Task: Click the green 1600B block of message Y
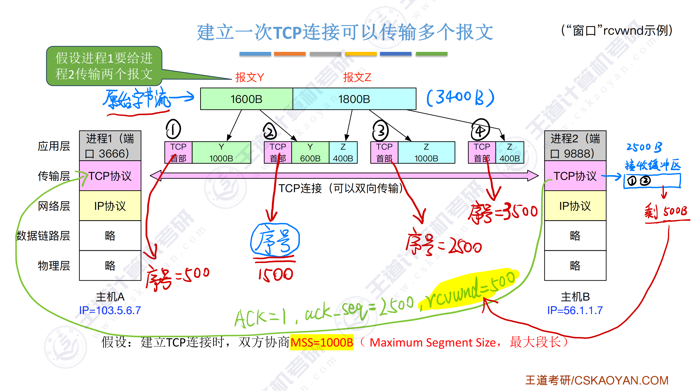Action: pyautogui.click(x=246, y=99)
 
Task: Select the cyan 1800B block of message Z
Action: pyautogui.click(x=354, y=99)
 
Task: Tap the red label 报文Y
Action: pyautogui.click(x=249, y=77)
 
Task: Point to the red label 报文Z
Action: pyautogui.click(x=357, y=77)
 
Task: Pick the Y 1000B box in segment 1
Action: pyautogui.click(x=221, y=153)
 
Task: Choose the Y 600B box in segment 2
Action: pyautogui.click(x=310, y=153)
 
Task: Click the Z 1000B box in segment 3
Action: pyautogui.click(x=426, y=153)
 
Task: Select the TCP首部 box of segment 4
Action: pyautogui.click(x=482, y=153)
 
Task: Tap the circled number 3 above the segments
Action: pyautogui.click(x=380, y=131)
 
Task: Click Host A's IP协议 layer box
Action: pyautogui.click(x=110, y=206)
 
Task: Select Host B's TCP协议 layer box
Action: pyautogui.click(x=575, y=176)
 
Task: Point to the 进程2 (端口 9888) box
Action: pyautogui.click(x=575, y=146)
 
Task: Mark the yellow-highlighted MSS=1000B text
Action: pyautogui.click(x=322, y=343)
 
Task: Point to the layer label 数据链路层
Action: pyautogui.click(x=43, y=236)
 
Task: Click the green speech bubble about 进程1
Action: pyautogui.click(x=104, y=66)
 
